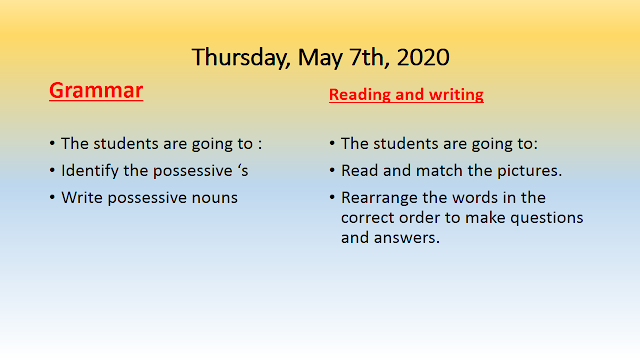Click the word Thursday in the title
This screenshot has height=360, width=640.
[241, 58]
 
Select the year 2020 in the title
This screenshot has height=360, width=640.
[423, 57]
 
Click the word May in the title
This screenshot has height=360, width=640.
[320, 58]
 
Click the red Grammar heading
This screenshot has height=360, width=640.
[96, 91]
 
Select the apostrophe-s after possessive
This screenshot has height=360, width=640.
[243, 171]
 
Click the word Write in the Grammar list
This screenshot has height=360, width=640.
[82, 198]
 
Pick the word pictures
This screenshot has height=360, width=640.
[529, 171]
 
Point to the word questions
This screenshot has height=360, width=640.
[547, 218]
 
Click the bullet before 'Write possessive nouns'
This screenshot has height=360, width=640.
[52, 198]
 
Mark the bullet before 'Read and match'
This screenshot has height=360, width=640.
[332, 171]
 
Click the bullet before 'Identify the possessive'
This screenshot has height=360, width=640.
[52, 171]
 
